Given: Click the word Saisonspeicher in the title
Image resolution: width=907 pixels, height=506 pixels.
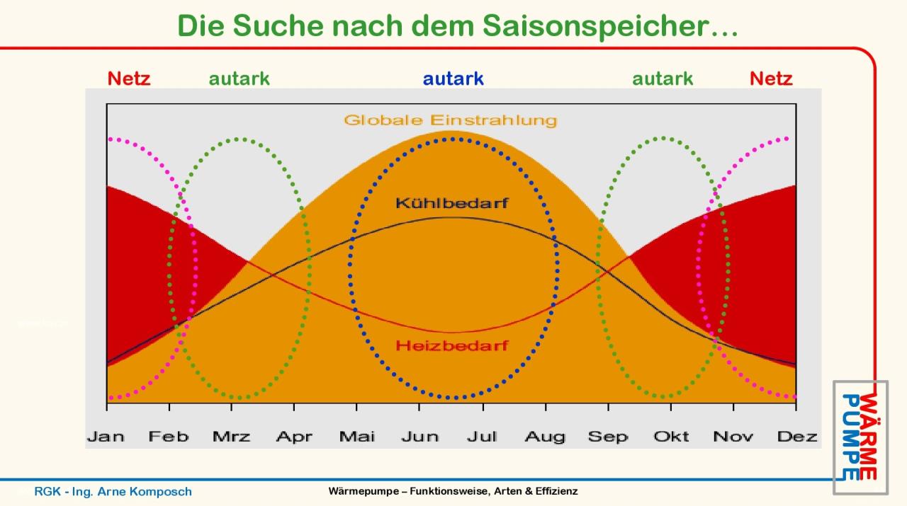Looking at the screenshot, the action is pyautogui.click(x=611, y=27).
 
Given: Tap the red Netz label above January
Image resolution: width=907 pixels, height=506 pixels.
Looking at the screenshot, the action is pyautogui.click(x=129, y=79).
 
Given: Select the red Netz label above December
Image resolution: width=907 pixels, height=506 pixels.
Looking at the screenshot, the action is pyautogui.click(x=771, y=79).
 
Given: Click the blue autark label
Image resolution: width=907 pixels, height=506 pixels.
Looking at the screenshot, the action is pyautogui.click(x=453, y=79).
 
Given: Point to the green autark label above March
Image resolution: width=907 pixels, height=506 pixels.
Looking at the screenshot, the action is pyautogui.click(x=239, y=79).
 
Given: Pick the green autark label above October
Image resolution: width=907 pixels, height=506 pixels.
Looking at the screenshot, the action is pyautogui.click(x=663, y=79).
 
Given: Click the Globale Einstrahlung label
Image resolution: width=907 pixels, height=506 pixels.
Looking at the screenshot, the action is pyautogui.click(x=451, y=120).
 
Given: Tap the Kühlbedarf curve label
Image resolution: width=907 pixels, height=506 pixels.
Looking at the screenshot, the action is pyautogui.click(x=452, y=202).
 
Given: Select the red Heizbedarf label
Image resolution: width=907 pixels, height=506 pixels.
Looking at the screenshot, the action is pyautogui.click(x=452, y=345).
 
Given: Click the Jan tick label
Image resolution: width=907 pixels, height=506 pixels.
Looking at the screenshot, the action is pyautogui.click(x=106, y=437).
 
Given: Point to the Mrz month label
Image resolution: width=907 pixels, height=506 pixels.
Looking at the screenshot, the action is pyautogui.click(x=231, y=437).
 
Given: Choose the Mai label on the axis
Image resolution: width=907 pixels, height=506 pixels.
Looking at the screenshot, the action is pyautogui.click(x=356, y=437).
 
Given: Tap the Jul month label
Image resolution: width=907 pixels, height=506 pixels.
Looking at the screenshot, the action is pyautogui.click(x=482, y=437).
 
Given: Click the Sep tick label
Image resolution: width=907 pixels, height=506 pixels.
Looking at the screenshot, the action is pyautogui.click(x=608, y=437).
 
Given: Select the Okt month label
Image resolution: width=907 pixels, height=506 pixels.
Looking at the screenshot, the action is pyautogui.click(x=671, y=437).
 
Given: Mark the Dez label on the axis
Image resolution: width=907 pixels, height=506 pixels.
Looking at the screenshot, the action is pyautogui.click(x=797, y=437).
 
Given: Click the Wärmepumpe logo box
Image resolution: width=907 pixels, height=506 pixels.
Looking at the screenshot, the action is pyautogui.click(x=860, y=437).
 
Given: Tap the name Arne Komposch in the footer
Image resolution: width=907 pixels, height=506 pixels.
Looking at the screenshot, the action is pyautogui.click(x=145, y=491).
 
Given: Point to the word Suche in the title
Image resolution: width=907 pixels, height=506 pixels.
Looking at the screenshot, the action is pyautogui.click(x=278, y=26).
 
